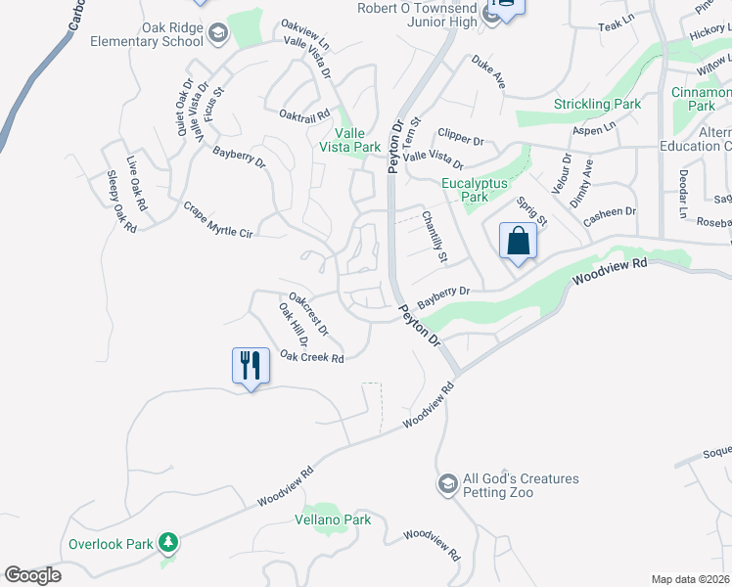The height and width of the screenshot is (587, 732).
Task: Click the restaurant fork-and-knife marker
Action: tap(251, 366)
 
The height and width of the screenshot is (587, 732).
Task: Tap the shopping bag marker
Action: tap(517, 241)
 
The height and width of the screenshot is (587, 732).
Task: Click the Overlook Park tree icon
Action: tap(168, 543)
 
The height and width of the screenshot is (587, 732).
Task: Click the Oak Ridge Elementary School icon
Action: tap(216, 35)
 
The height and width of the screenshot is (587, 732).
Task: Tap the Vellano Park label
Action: tap(333, 520)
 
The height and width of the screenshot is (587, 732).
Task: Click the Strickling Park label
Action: tap(597, 104)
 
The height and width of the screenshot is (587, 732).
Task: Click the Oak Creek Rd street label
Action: tap(312, 358)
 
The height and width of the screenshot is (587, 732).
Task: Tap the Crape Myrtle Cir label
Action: tap(218, 220)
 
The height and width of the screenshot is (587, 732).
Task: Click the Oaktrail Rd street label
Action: tap(304, 116)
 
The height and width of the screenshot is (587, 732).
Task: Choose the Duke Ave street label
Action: tap(488, 72)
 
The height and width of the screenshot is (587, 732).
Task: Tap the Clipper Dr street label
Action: tap(461, 136)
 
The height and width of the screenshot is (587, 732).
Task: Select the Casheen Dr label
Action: tap(610, 217)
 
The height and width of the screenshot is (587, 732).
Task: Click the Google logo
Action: tap(32, 575)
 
